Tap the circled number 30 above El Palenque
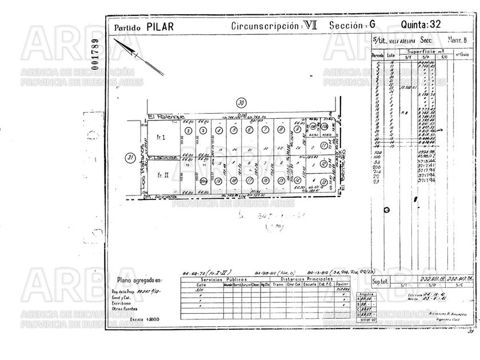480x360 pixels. (x=241, y=103)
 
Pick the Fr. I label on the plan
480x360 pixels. (x=161, y=138)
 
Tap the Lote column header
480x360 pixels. (x=391, y=55)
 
